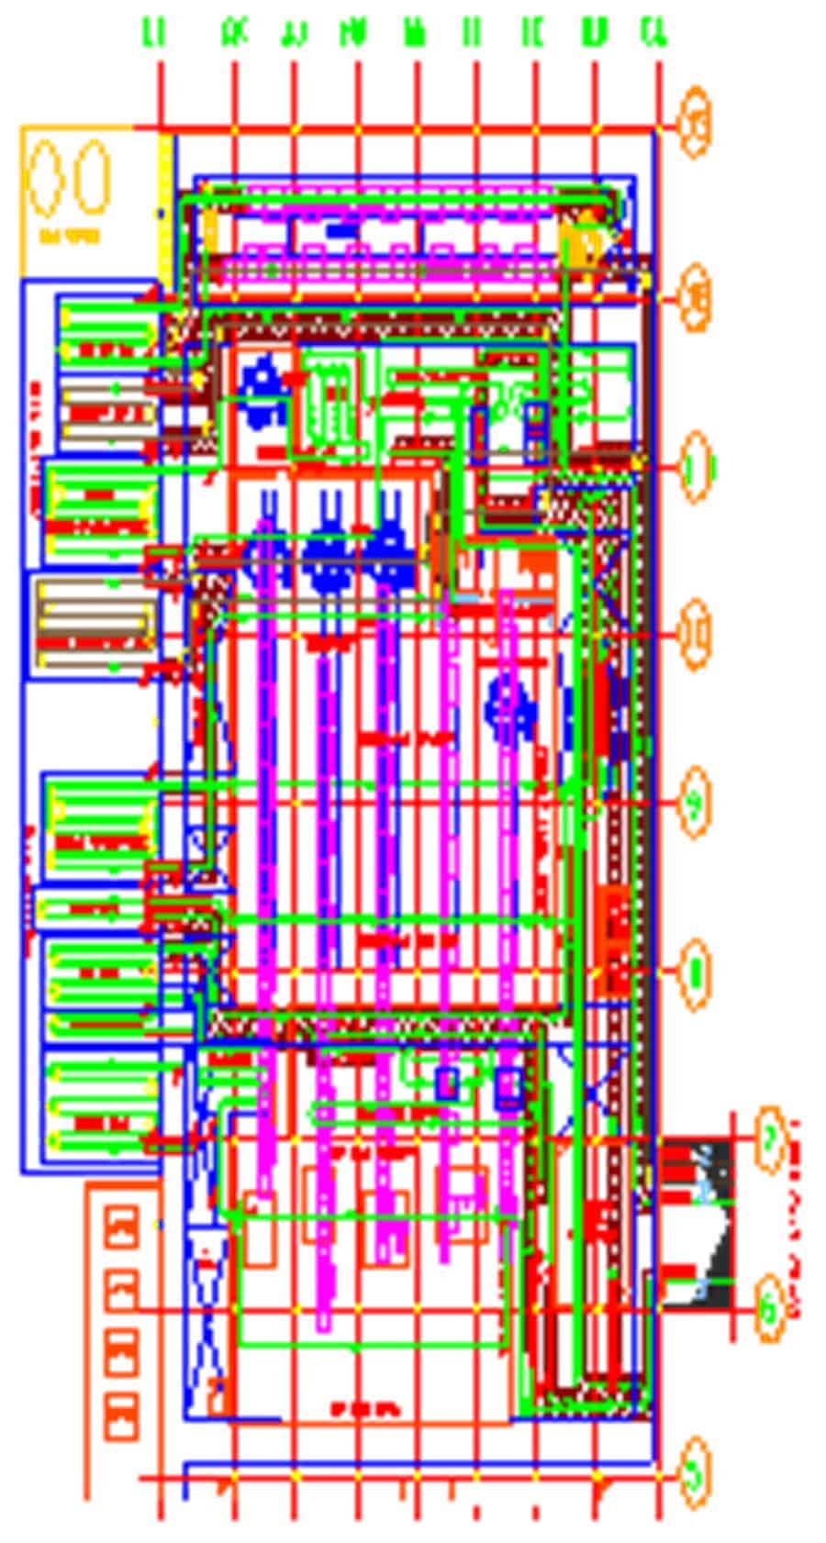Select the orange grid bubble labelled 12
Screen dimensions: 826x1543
[697, 297]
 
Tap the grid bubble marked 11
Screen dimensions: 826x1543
[697, 468]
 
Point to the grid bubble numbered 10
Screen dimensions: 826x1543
[697, 633]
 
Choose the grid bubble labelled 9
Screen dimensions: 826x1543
[697, 803]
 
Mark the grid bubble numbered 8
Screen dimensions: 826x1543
[697, 971]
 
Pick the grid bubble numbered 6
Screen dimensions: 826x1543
[772, 1308]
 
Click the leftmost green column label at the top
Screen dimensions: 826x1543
[153, 34]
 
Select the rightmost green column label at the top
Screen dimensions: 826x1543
[653, 34]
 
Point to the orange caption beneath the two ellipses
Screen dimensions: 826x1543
[70, 237]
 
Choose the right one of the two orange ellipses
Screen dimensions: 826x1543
[92, 177]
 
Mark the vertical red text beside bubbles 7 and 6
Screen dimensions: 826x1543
[795, 1220]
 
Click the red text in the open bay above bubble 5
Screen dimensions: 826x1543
[364, 1407]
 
